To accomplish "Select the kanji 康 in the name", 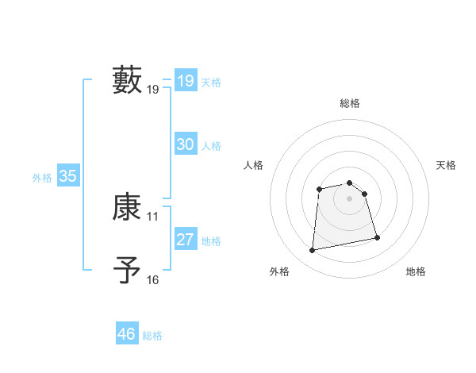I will point(127,207).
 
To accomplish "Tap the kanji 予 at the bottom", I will point(127,271).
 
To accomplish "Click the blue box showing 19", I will point(185,81).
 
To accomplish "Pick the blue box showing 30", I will point(185,144).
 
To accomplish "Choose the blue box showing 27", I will point(185,240).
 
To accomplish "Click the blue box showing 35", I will point(67,176).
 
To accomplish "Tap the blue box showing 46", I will point(126,334).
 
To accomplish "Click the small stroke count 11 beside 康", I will point(153,216).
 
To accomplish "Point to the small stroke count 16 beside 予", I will point(153,279).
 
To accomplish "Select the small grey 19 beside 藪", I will point(153,90).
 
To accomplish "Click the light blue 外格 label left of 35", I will point(42,178).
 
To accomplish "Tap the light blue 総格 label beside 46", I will point(152,336).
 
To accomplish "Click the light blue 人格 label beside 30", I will point(211,146).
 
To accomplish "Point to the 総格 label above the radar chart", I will point(350,104).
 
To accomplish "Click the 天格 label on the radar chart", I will point(446,165).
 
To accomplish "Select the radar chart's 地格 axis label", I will point(416,271).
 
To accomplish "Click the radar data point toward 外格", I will point(313,251).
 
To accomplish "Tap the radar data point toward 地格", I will point(377,237).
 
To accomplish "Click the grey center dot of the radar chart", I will point(350,198).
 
